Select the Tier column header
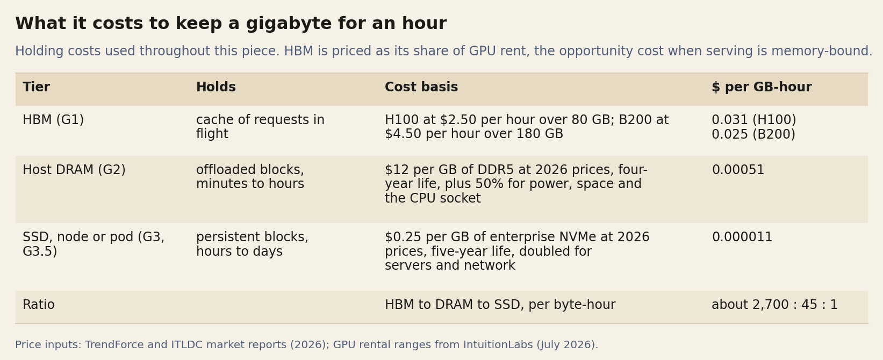point(36,87)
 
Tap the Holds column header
point(216,87)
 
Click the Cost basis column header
point(421,87)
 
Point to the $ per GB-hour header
point(762,87)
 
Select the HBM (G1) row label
point(53,120)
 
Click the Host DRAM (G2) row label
point(74,170)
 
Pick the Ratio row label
point(39,305)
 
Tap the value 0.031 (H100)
point(753,120)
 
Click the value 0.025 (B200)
point(753,134)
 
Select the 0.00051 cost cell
point(738,170)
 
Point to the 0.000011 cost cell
point(742,237)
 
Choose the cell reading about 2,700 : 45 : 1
point(774,305)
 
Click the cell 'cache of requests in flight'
point(260,127)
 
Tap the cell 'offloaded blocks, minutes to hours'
point(250,177)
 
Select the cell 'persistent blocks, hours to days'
point(252,244)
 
